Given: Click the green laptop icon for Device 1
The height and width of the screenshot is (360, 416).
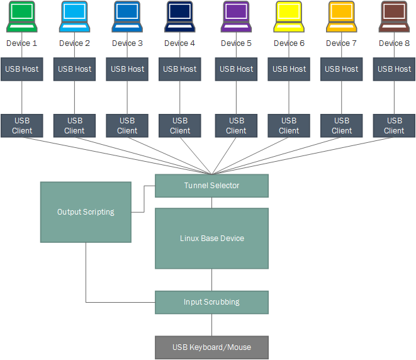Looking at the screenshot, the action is pos(22,16).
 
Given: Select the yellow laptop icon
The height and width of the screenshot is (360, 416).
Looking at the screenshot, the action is pos(289,16).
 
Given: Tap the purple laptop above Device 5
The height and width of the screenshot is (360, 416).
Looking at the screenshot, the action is pos(236,16).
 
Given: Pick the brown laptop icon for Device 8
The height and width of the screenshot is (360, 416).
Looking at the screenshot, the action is pos(394,16).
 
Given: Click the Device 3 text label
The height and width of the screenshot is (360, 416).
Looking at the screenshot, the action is pos(127,43).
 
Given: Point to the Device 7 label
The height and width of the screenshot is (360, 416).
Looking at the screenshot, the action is pos(341,43).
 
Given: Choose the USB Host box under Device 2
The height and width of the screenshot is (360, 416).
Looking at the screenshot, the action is pos(74,69).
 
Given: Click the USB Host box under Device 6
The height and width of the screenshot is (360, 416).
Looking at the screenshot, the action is pos(289,69).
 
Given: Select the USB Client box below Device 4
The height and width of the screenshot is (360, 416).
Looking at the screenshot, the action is pos(180,126).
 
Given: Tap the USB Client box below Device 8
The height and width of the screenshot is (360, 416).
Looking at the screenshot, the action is pos(394,126).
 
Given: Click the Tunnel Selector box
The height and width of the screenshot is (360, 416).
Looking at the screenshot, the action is pos(211,186).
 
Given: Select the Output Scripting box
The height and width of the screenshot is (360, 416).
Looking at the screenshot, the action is pos(86,212).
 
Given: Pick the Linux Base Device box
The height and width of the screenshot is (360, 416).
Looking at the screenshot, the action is pos(211,239).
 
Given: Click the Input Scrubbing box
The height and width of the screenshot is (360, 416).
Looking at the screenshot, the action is pos(211,303).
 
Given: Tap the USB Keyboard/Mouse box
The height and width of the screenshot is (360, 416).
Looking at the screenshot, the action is pos(211,347).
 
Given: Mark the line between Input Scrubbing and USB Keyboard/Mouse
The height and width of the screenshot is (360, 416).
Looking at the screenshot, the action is pos(211,325).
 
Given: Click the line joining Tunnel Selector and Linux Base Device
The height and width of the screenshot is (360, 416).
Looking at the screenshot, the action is pos(211,203).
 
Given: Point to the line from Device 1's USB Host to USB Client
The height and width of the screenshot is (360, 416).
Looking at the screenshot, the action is pos(22,98).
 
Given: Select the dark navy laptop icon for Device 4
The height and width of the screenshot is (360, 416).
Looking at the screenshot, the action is pos(180,16).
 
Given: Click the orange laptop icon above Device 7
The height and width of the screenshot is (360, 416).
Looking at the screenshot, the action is pos(342,16).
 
